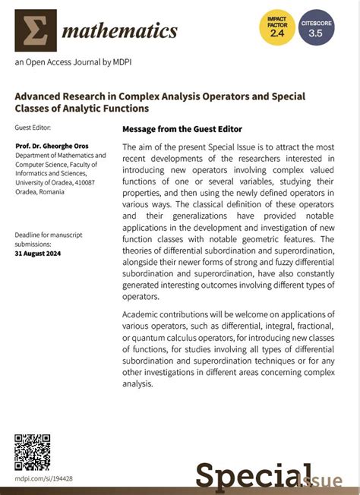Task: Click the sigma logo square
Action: pos(36,30)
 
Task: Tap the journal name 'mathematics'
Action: pos(120,31)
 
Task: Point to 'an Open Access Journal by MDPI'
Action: pos(68,65)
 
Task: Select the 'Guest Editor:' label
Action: pos(35,128)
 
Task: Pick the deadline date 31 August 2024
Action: pos(39,254)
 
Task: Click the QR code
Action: pos(32,452)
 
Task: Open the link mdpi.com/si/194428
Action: pos(44,479)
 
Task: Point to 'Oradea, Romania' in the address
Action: pos(40,192)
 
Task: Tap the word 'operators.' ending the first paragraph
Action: pos(141,297)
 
